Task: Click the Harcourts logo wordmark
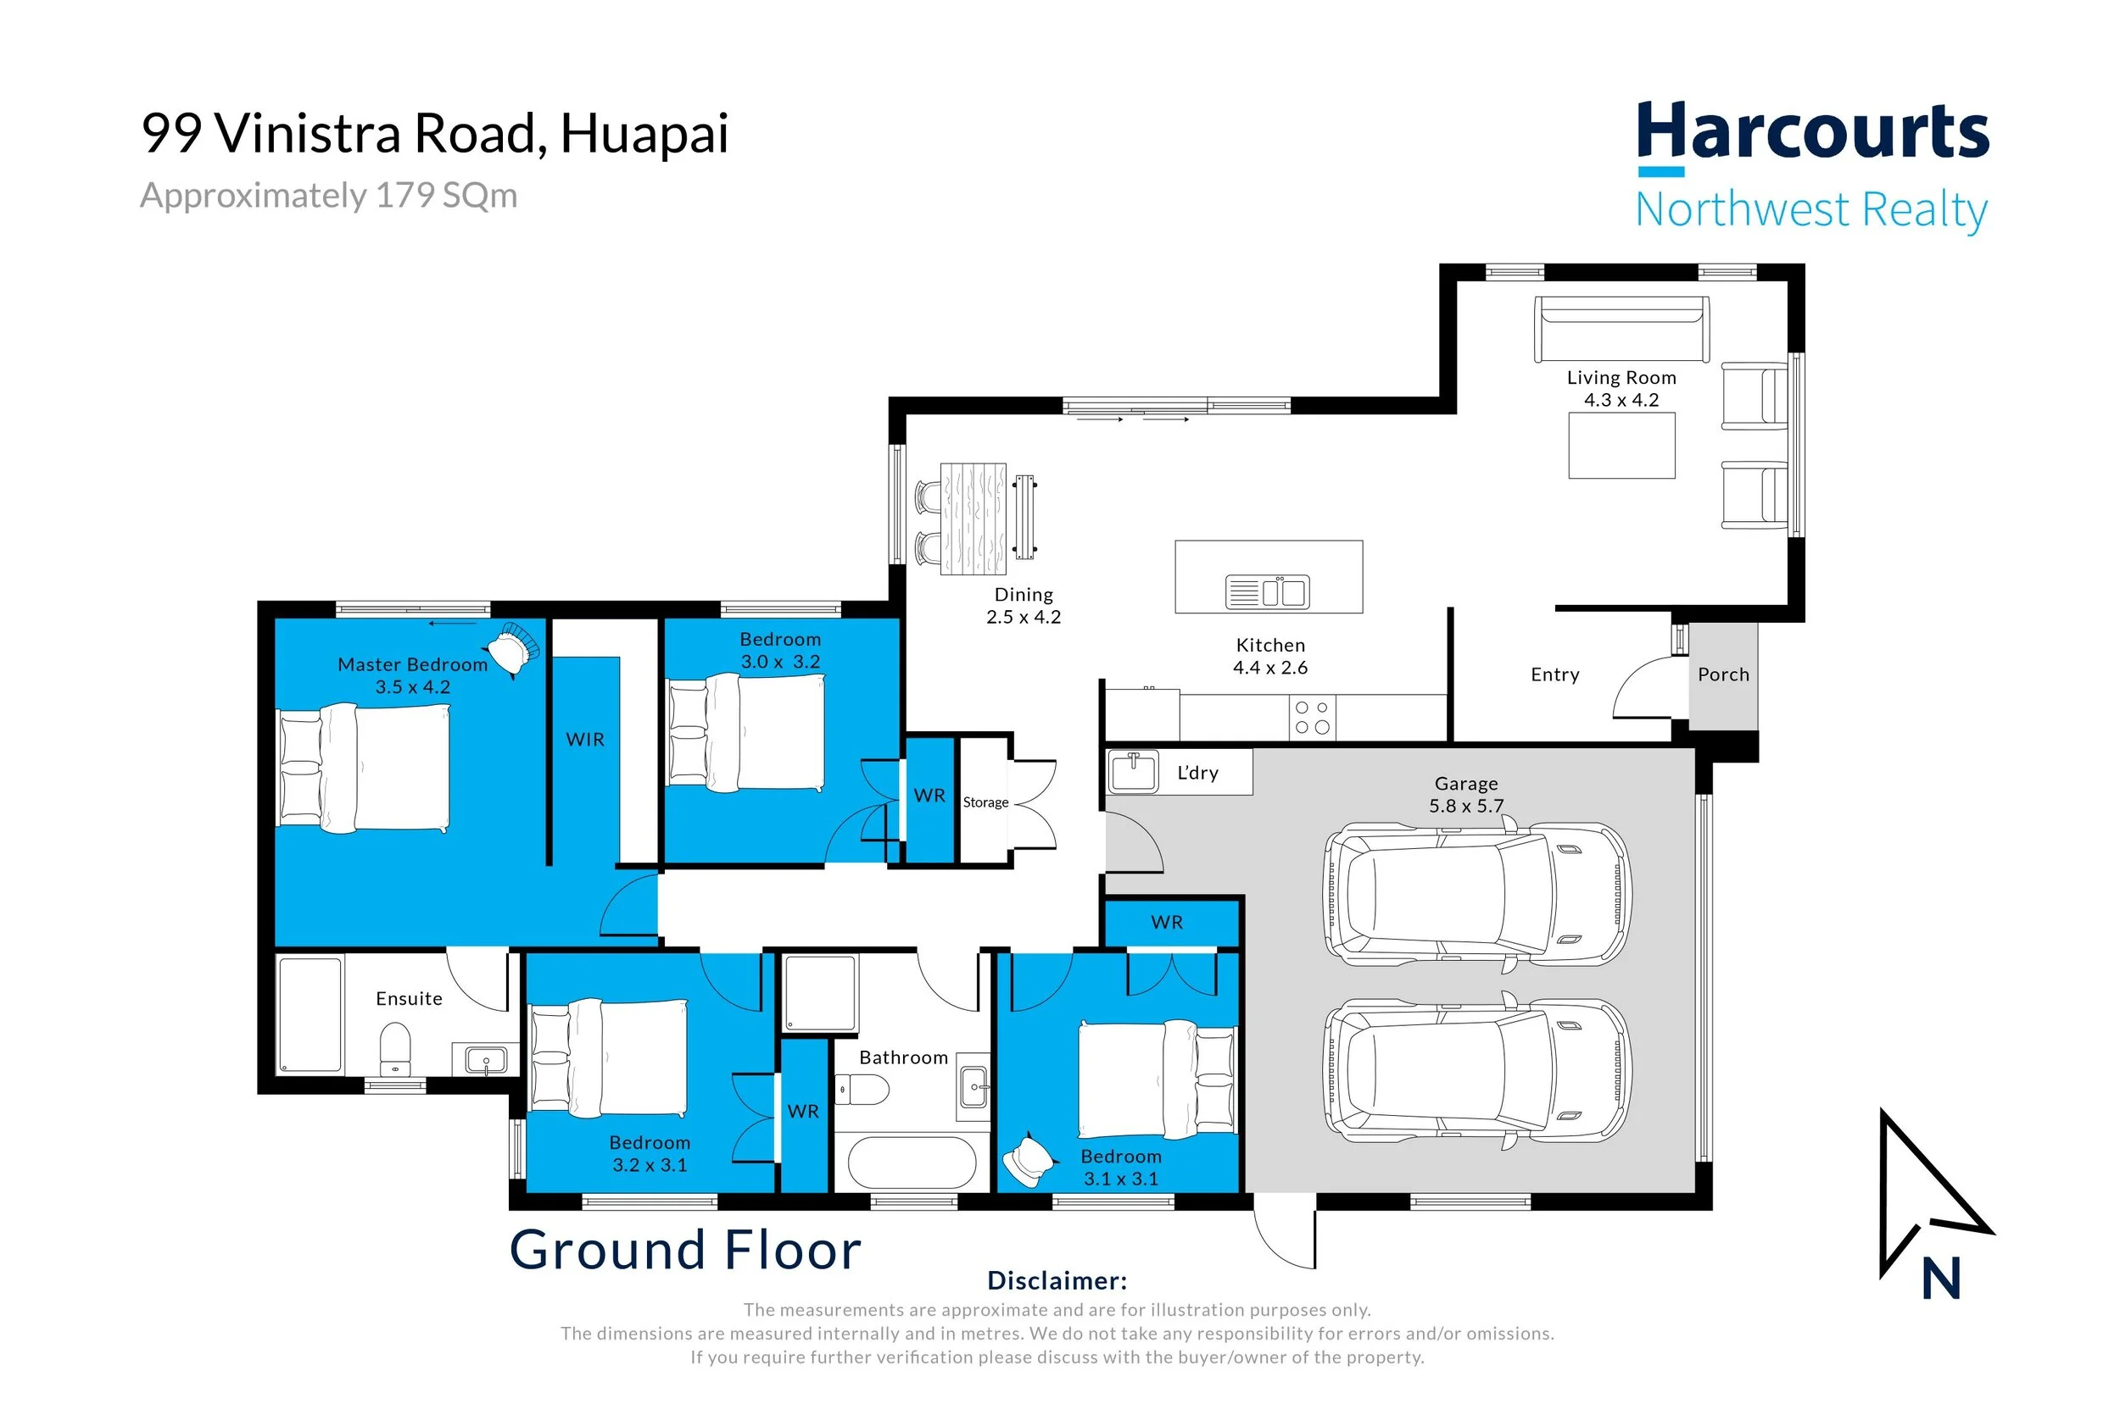pos(1812,131)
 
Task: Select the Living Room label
pos(1621,378)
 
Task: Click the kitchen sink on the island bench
pos(1267,592)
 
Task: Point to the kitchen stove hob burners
pos(1312,718)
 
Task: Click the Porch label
pos(1723,674)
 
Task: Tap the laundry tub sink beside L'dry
pos(1133,773)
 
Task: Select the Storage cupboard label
pos(985,802)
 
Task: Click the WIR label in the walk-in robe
pos(585,739)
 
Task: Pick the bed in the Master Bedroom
pos(363,768)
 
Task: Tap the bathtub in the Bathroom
pos(912,1163)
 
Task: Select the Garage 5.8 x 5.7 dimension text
pos(1466,806)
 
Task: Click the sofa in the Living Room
pos(1621,330)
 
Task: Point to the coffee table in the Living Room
pos(1621,446)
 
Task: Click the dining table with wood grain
pos(974,519)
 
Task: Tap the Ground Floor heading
pos(685,1250)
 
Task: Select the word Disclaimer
pos(1057,1280)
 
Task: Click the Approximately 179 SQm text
pos(329,196)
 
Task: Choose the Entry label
pos(1554,675)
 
